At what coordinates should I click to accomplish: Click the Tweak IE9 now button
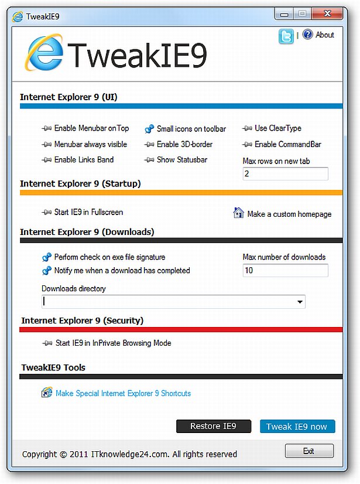pyautogui.click(x=297, y=426)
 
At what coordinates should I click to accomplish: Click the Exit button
pyautogui.click(x=309, y=451)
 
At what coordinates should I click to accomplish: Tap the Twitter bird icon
pyautogui.click(x=286, y=36)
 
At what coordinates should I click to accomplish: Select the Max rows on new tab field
pyautogui.click(x=285, y=174)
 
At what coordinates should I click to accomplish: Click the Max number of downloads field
pyautogui.click(x=285, y=270)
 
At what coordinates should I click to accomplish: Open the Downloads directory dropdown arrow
pyautogui.click(x=300, y=302)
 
